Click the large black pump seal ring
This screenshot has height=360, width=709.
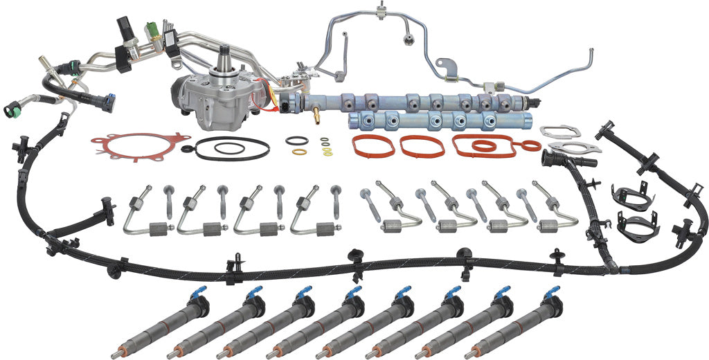pyautogui.click(x=232, y=148)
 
